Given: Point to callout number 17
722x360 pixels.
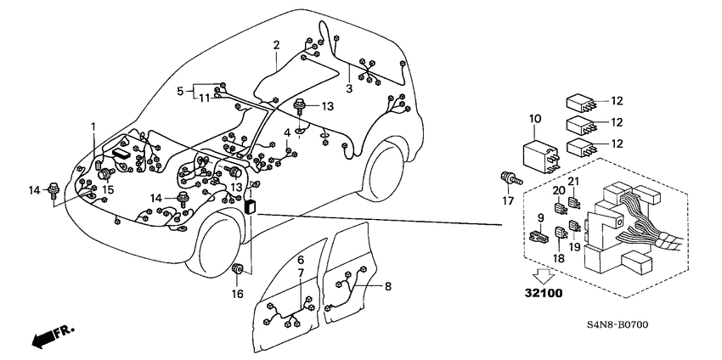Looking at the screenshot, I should pos(508,201).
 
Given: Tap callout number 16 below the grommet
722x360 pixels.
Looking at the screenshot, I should pos(238,294).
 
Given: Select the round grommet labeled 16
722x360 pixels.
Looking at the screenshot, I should pos(238,270).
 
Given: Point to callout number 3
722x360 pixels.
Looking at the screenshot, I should pos(349,87).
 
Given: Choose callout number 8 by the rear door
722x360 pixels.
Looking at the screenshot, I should pos(387,287).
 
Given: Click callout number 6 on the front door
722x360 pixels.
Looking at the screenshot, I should pos(301,258).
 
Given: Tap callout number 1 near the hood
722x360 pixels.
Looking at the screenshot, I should pos(93,127).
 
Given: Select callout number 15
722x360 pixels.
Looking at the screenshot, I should pos(108,189).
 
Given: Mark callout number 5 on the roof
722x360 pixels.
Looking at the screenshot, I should pos(180,90).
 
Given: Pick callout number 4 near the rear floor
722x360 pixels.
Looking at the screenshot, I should pos(287,133).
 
